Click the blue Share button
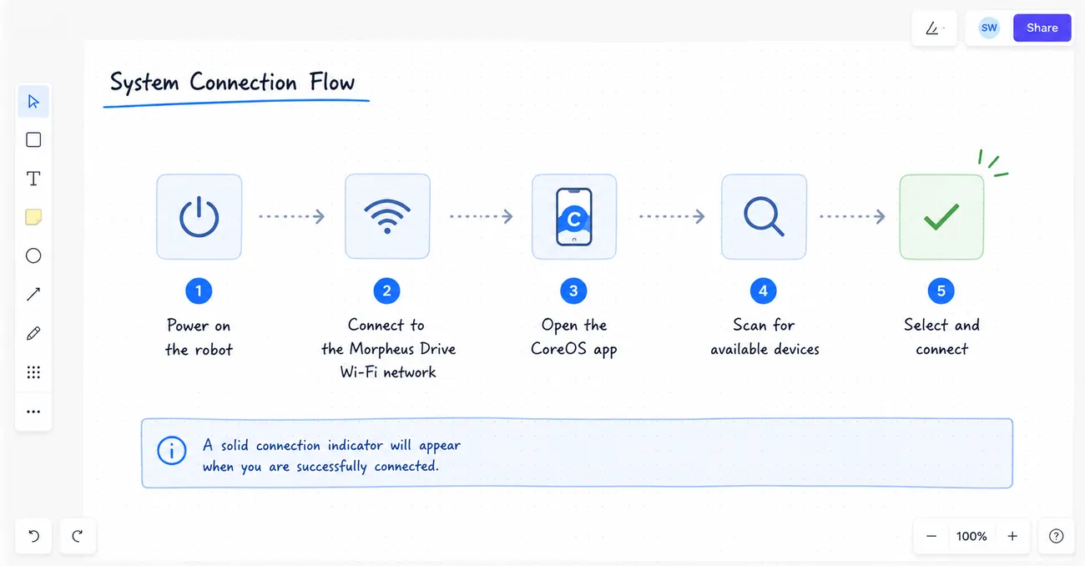coord(1042,28)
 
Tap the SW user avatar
coord(989,28)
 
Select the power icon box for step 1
coord(199,216)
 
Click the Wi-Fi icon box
coord(387,216)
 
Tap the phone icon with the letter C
coord(574,216)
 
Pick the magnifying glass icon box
coord(764,216)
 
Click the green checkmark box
coord(941,216)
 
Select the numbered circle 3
coord(573,291)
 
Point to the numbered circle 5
coord(941,291)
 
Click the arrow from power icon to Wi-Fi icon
coord(291,216)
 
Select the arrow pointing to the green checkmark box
coord(852,216)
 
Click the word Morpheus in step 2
coord(382,349)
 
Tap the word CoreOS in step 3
coord(558,348)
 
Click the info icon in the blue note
coord(171,451)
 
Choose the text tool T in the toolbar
coord(33,179)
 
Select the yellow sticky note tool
coord(33,217)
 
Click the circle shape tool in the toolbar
coord(33,255)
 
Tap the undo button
coord(33,536)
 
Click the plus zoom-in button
coord(1012,536)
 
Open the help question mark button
coord(1056,536)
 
